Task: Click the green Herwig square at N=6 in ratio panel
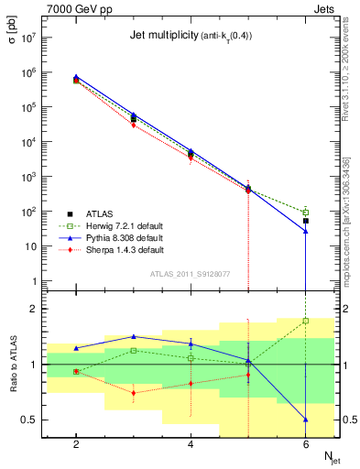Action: [x=306, y=321]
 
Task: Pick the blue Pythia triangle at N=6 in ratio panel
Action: [x=306, y=420]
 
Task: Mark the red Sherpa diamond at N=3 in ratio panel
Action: [x=134, y=393]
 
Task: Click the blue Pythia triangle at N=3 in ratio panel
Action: [x=134, y=336]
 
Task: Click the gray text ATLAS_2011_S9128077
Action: [x=190, y=273]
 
